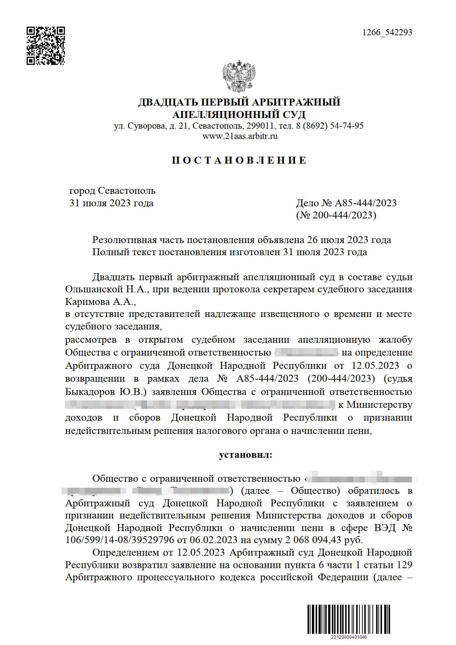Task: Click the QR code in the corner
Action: [46, 46]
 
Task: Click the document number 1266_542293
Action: [387, 32]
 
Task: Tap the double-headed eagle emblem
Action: [239, 76]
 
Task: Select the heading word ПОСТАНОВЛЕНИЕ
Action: [239, 160]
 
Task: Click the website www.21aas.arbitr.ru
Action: [240, 136]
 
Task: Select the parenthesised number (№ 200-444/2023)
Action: [336, 215]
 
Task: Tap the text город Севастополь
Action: [112, 191]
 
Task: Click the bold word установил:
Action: [246, 455]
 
